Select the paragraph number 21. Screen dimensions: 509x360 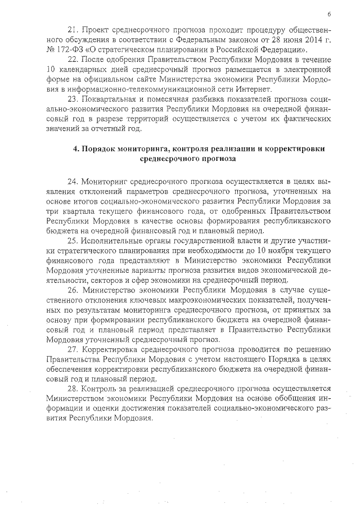coord(71,28)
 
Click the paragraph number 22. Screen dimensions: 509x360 coord(71,60)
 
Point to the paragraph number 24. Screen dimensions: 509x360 coord(72,182)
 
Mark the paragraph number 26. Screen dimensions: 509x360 coord(72,290)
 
